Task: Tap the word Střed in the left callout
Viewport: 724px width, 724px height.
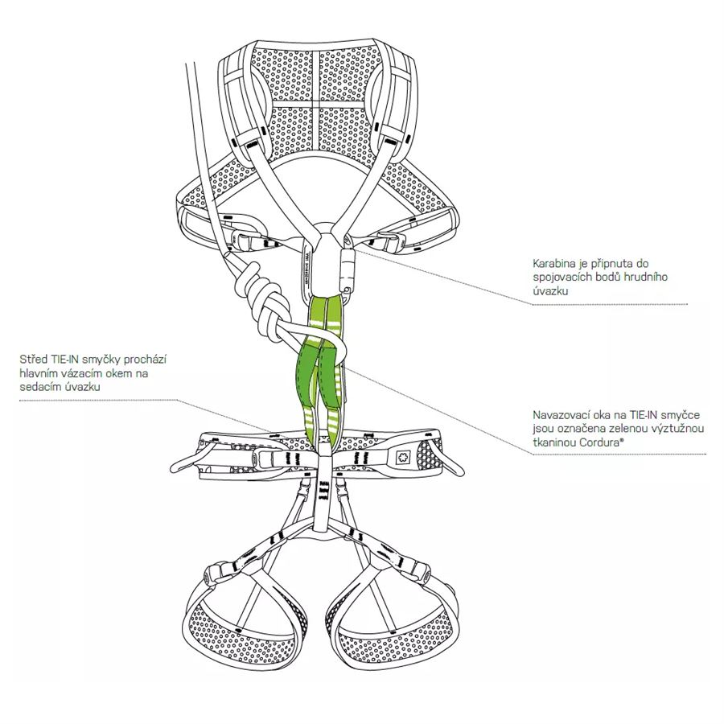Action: pos(32,360)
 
